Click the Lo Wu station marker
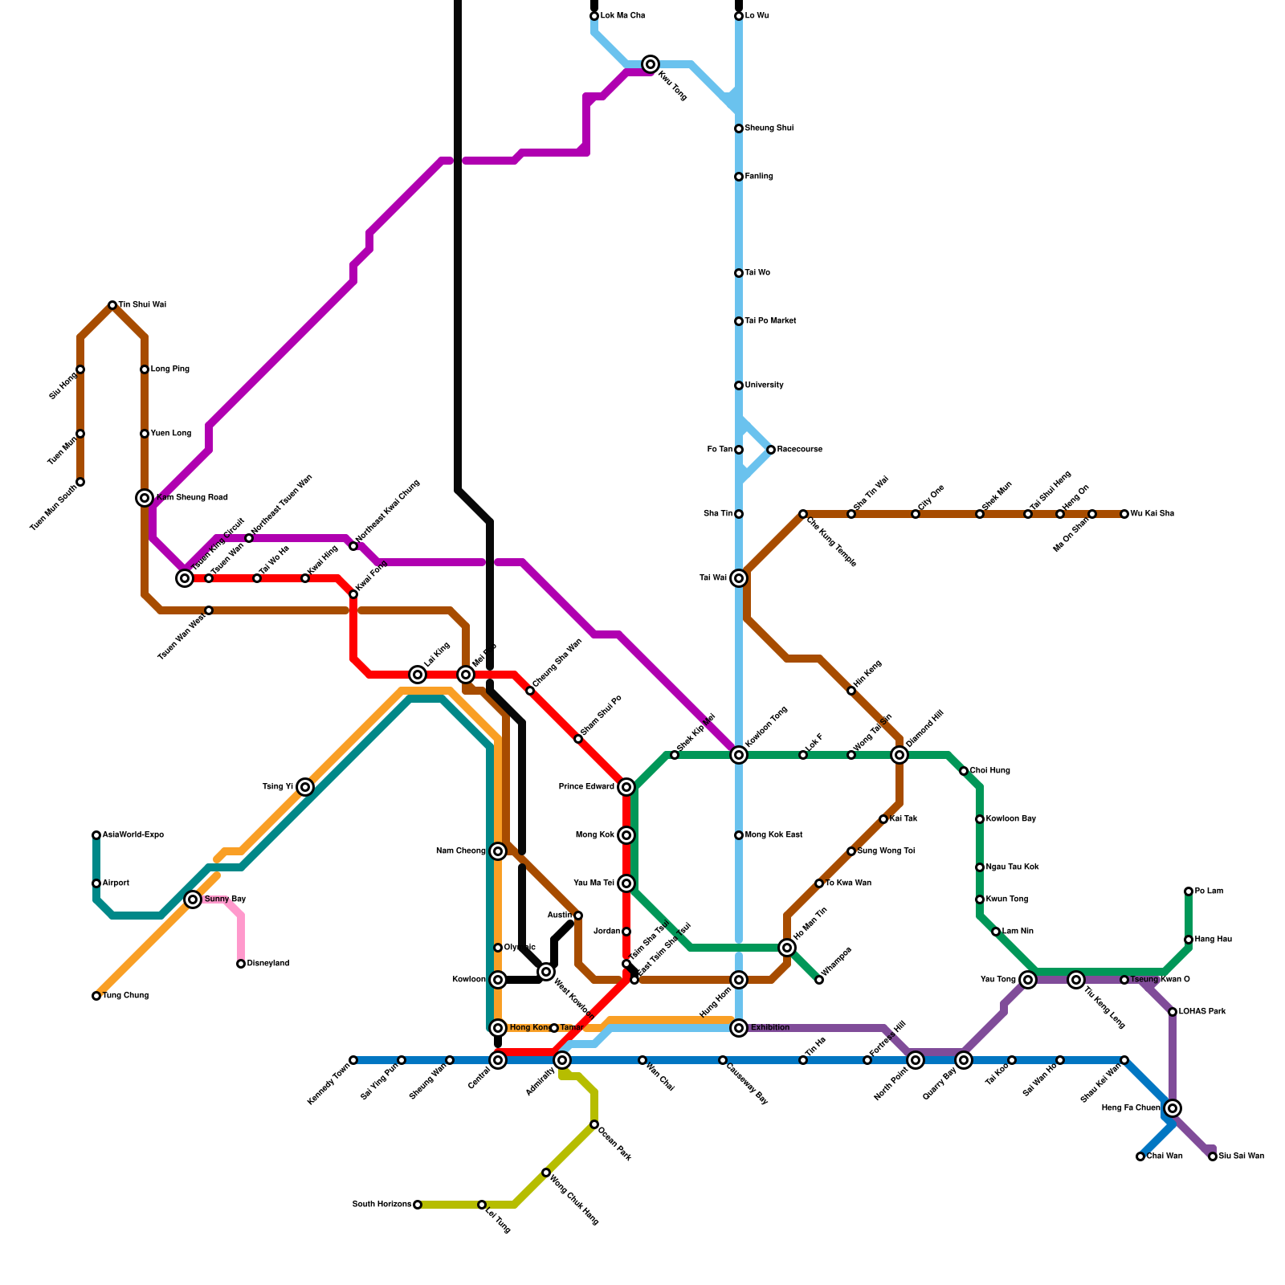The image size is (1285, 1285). point(739,16)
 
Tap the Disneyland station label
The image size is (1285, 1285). point(267,964)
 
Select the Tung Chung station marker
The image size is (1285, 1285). point(96,996)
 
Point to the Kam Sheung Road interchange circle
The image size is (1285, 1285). point(145,498)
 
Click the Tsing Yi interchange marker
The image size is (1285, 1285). point(305,787)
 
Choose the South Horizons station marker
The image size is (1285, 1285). point(418,1205)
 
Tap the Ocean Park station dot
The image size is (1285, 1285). point(594,1124)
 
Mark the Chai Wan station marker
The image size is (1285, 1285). point(1140,1156)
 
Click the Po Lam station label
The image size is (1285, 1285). point(1209,891)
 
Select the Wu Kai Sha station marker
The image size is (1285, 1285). point(1124,514)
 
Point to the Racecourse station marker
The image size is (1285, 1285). point(771,450)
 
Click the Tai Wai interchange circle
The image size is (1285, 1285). point(739,578)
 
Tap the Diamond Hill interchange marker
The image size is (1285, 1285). point(899,755)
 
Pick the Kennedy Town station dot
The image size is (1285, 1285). point(353,1060)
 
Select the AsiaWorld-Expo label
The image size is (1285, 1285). point(133,835)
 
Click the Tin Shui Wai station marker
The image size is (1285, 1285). point(112,305)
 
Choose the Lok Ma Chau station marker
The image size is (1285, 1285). point(594,16)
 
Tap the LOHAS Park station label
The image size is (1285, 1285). point(1202,1012)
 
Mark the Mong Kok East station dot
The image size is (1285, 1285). point(739,835)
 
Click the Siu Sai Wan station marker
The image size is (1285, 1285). point(1213,1156)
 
